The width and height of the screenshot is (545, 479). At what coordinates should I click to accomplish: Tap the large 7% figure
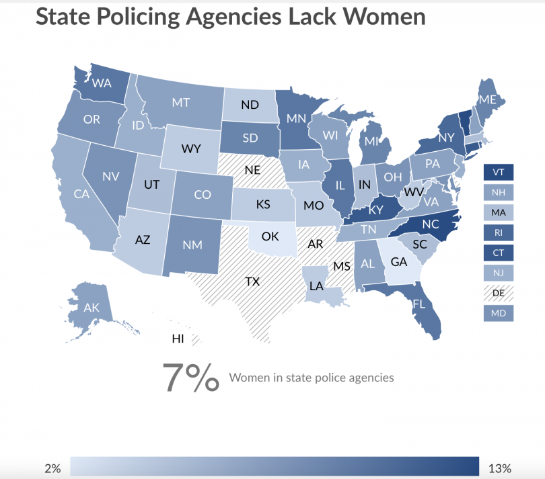click(190, 378)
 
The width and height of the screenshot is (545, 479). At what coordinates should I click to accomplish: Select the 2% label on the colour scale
click(52, 468)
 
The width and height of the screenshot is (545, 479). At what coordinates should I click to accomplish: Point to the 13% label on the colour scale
click(500, 468)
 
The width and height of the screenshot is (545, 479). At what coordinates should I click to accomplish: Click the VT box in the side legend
click(499, 173)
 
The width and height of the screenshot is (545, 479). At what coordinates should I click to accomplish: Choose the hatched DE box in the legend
click(499, 293)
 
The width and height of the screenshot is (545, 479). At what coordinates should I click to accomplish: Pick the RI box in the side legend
click(499, 232)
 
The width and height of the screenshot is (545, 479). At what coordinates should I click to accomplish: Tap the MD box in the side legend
click(499, 313)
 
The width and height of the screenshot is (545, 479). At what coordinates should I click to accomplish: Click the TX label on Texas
click(252, 281)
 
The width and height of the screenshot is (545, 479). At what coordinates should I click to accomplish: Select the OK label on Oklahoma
click(270, 236)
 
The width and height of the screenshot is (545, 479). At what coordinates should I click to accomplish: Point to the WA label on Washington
click(102, 84)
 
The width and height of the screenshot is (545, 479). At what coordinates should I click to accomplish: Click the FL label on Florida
click(419, 304)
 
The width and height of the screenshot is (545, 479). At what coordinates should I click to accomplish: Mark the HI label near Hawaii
click(178, 339)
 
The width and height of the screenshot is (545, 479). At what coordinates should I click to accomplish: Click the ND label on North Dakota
click(250, 105)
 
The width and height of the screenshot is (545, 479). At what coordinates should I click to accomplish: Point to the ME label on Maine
click(488, 99)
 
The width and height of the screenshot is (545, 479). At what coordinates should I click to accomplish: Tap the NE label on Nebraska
click(252, 170)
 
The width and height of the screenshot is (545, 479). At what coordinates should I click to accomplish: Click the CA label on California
click(81, 195)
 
